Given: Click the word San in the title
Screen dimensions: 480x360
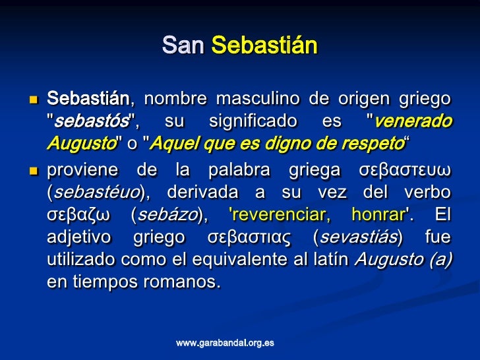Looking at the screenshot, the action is click(183, 45).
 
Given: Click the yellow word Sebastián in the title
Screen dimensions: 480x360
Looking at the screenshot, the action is click(265, 45).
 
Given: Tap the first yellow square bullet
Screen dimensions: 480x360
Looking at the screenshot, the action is click(34, 100).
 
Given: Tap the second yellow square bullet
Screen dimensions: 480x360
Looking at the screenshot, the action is click(34, 171).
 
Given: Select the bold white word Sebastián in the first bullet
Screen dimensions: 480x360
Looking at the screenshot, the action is click(88, 98).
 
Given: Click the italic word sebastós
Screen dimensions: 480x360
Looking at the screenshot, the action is click(92, 121).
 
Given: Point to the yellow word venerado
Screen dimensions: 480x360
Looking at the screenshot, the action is click(413, 121).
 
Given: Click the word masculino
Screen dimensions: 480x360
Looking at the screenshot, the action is click(258, 99).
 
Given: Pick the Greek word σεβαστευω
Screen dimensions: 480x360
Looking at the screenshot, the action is click(405, 170).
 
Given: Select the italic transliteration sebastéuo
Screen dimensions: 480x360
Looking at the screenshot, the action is click(97, 192).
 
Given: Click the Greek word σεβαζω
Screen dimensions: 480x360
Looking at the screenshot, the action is click(78, 215).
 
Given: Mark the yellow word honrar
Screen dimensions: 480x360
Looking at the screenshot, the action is click(378, 214).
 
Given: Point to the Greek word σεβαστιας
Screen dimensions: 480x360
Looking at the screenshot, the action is click(249, 237).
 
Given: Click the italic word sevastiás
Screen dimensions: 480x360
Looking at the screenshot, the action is click(358, 237).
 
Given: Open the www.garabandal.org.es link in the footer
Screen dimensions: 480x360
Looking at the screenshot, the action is click(225, 343).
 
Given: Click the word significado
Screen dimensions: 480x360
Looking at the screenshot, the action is click(253, 121).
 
